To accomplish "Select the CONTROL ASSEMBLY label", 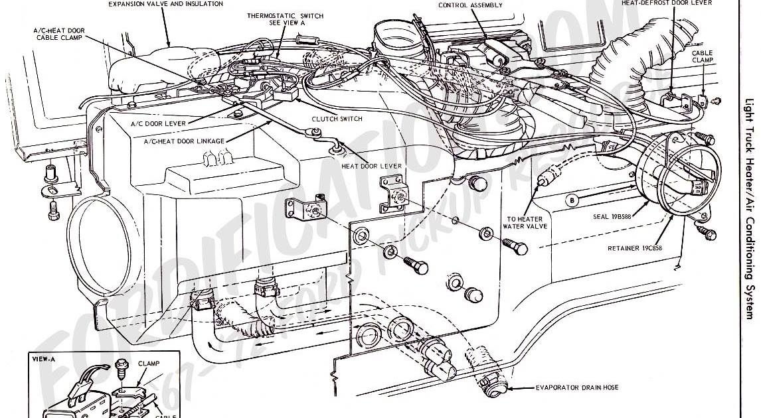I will coord(470,5).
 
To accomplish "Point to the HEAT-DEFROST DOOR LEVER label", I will coord(666,3).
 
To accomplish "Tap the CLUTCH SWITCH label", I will coord(337,119).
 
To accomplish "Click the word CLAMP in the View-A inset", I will coord(149,364).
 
